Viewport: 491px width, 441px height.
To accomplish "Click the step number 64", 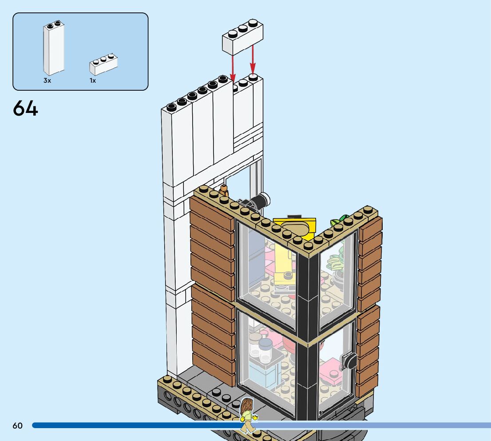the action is pos(25,108).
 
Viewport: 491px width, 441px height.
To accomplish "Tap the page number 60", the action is pos(17,426).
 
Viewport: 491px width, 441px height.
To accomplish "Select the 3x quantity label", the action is pos(47,81).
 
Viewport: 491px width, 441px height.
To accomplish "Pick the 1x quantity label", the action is pos(93,81).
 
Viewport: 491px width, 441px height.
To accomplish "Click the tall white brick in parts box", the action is pos(53,49).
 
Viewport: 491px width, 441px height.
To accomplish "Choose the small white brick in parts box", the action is pos(103,64).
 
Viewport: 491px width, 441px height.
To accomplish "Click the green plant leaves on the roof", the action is pos(340,220).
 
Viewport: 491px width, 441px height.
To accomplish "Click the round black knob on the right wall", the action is pos(350,361).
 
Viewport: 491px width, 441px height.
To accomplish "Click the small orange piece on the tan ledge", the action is pos(224,191).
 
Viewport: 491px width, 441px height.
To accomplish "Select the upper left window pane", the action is pos(266,271).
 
